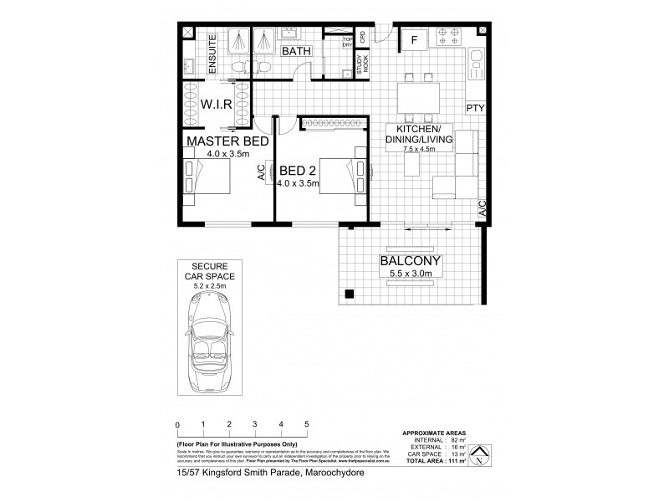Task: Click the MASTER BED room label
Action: [227, 141]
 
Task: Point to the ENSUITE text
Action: [212, 54]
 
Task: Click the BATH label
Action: [295, 52]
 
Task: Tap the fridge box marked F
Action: [414, 40]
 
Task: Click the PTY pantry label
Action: [475, 108]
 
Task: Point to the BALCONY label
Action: [411, 260]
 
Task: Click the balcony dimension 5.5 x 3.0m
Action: [411, 273]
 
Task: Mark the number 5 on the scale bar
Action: [307, 424]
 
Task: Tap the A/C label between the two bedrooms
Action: [260, 174]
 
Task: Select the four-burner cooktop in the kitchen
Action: [448, 38]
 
